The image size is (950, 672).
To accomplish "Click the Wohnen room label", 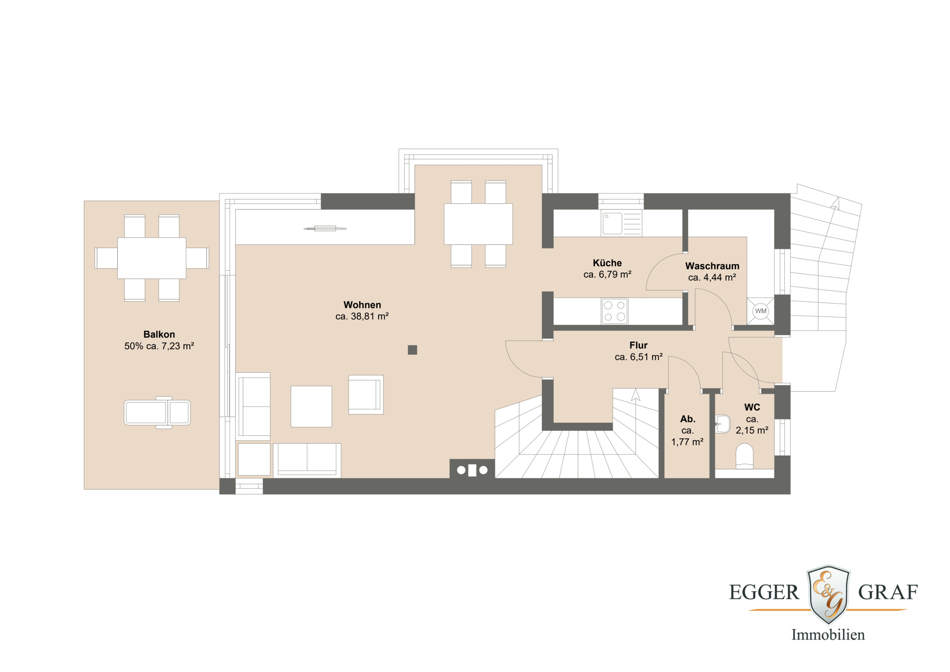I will click(x=362, y=305).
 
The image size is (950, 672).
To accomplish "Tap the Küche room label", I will click(x=607, y=263).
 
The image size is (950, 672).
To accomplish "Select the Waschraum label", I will click(x=712, y=266).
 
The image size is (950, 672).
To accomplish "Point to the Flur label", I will click(x=638, y=346).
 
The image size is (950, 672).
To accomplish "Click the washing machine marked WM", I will click(x=760, y=311).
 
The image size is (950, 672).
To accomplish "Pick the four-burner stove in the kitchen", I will click(x=614, y=311).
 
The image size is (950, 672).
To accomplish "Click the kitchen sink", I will click(x=612, y=223).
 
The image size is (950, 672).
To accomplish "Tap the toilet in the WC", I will click(x=744, y=456).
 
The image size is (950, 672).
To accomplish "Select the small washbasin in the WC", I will click(x=723, y=424).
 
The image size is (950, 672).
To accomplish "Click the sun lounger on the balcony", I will click(x=157, y=413).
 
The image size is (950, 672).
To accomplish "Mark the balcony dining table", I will click(x=152, y=258).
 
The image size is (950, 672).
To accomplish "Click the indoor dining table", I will click(x=478, y=224).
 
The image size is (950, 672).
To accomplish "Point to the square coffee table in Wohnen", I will click(x=311, y=406).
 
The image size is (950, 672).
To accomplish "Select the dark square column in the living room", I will click(x=412, y=350).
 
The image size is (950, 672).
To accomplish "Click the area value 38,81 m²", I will click(x=362, y=317).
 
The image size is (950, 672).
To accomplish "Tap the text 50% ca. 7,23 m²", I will click(x=159, y=346).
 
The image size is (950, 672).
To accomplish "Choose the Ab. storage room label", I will click(x=687, y=419).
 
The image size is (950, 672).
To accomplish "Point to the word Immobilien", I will click(x=828, y=635).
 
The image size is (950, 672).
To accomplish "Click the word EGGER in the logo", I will click(x=764, y=593).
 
